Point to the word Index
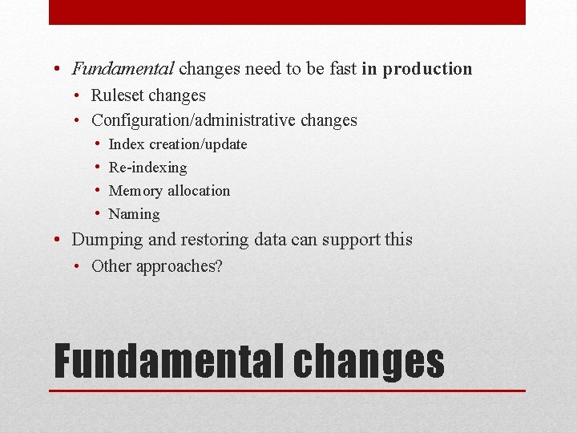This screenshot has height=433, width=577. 126,144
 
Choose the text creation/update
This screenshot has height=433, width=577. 198,144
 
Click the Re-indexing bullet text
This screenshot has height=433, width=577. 147,168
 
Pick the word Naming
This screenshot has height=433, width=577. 134,214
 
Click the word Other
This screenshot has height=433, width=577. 111,266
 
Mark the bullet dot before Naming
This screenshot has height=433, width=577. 96,214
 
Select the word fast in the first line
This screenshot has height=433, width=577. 341,69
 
